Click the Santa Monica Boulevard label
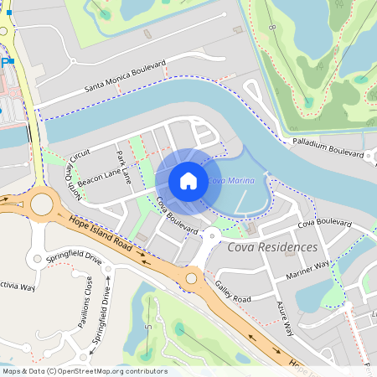[x=126, y=77]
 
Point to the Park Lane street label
[x=124, y=167]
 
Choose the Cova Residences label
[x=272, y=247]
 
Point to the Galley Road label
[x=232, y=292]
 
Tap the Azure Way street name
[x=281, y=319]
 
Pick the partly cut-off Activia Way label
[x=17, y=287]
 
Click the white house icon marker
[x=188, y=180]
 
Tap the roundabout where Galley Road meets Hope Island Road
[x=191, y=278]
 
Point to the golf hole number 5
[x=147, y=325]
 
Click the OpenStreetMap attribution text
[x=84, y=370]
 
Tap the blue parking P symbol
[x=7, y=62]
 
